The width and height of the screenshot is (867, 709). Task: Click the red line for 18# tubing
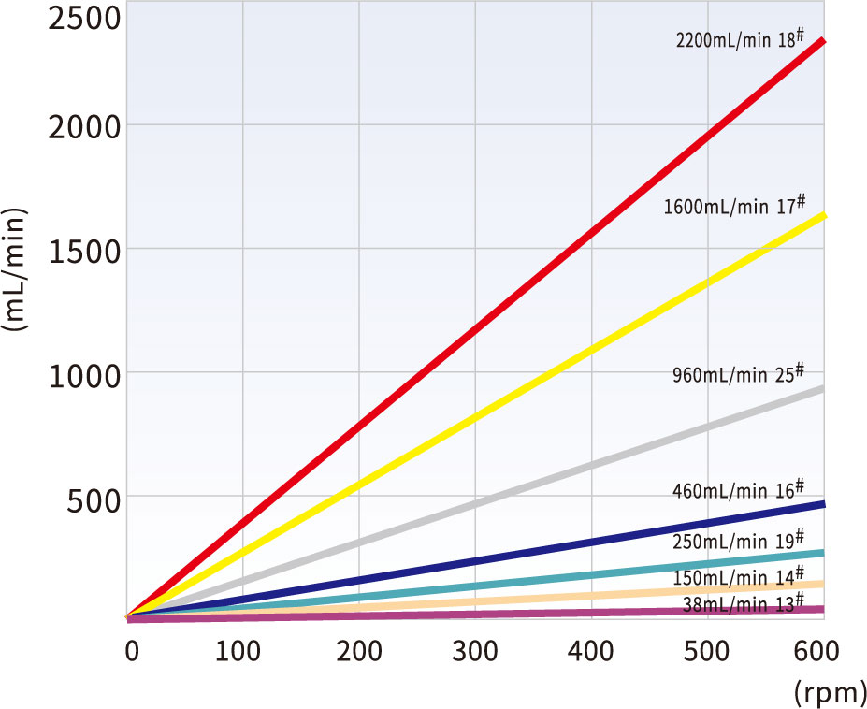click(476, 328)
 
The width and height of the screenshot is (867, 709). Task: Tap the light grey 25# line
click(476, 502)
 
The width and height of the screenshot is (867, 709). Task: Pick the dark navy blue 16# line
click(476, 559)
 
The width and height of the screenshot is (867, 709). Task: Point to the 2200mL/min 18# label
click(740, 39)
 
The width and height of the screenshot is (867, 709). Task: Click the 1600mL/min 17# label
click(734, 205)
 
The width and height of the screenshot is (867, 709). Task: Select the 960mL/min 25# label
click(738, 374)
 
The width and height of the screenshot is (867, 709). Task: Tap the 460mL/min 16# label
click(738, 490)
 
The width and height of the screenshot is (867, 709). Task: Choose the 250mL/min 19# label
click(738, 541)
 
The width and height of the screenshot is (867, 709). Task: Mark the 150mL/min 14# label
click(738, 577)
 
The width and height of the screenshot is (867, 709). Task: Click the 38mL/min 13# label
click(744, 603)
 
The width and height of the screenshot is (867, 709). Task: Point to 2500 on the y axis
click(84, 19)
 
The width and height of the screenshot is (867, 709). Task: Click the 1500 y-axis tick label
click(84, 252)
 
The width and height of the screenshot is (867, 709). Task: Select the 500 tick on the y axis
click(93, 501)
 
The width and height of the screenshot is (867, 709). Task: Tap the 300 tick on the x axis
click(475, 651)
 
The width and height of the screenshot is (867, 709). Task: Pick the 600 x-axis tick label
click(816, 651)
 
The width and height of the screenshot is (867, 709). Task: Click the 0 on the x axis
click(132, 651)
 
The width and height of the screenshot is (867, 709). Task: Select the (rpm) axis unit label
click(830, 691)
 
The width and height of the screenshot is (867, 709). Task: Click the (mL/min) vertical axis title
click(14, 269)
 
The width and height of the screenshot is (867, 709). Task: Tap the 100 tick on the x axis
click(238, 651)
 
